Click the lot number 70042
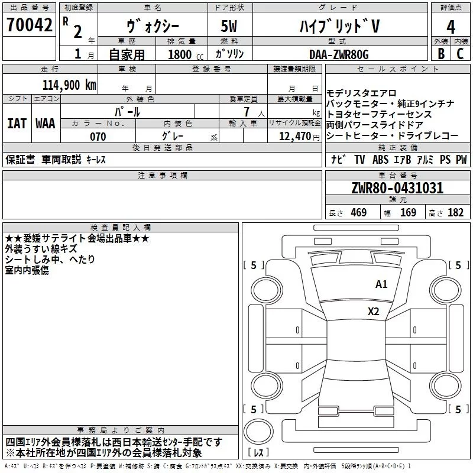coord(30,25)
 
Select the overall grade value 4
coord(451,27)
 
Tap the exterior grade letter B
coord(441,54)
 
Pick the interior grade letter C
coord(460,54)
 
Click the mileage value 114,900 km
coord(69,85)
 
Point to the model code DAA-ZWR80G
coord(339,54)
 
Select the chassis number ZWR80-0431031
coord(397,188)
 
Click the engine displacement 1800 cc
coord(186,54)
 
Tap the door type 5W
coord(229,26)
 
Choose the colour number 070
coord(98,137)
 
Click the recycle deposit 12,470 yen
coord(299,137)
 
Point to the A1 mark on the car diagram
coord(381,284)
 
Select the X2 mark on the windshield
coord(374,312)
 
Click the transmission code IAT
coord(17,124)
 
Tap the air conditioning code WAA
coord(46,124)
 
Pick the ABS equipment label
coord(380,159)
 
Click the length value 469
coord(359,212)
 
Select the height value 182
coord(455,212)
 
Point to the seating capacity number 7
coord(247,112)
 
